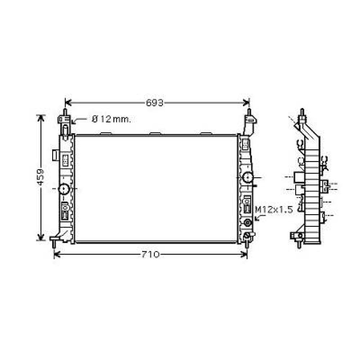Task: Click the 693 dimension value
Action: pos(155,103)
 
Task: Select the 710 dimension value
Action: pos(150,255)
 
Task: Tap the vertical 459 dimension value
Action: pos(41,177)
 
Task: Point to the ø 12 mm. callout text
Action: pos(111,119)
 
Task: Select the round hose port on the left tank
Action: pos(64,189)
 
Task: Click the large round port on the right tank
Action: pos(248,177)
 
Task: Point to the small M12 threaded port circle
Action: pos(247,222)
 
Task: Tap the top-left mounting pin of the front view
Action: pos(65,112)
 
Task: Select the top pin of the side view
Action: pos(302,112)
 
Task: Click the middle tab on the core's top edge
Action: pos(155,134)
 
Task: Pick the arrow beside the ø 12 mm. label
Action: pos(75,122)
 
